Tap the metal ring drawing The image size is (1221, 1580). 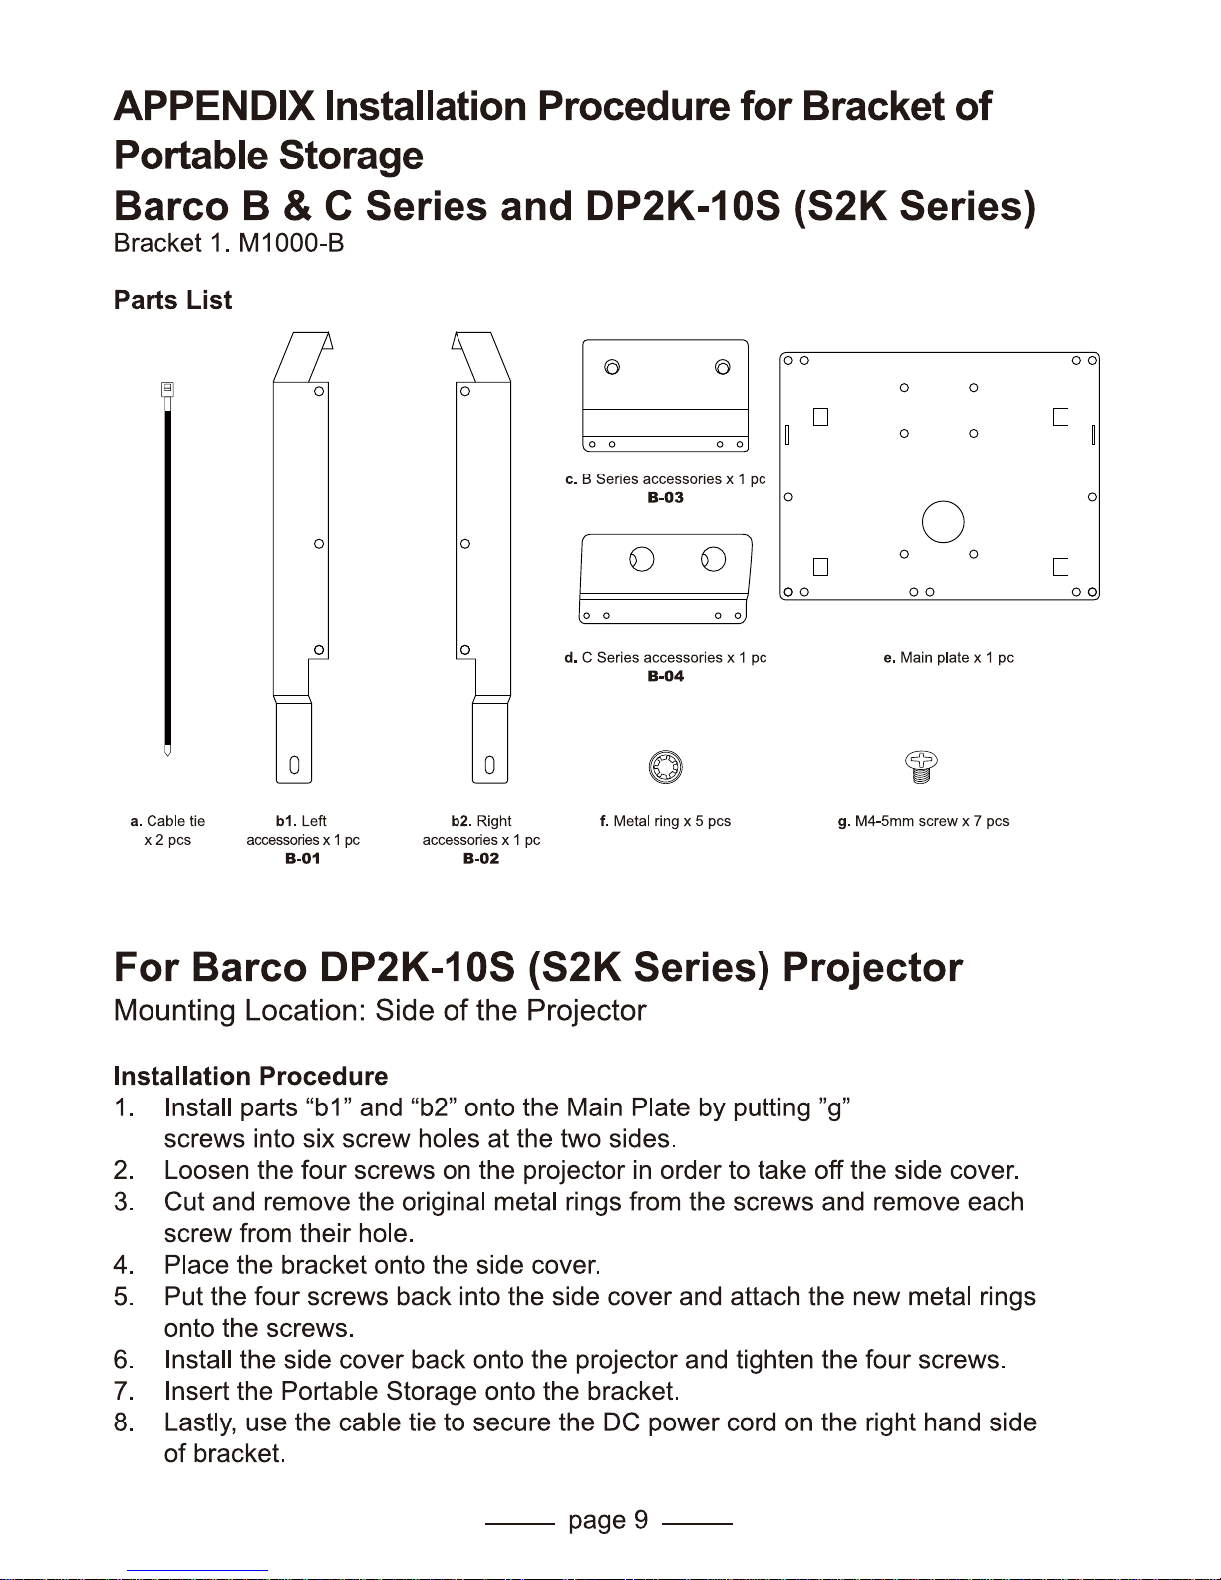pyautogui.click(x=665, y=767)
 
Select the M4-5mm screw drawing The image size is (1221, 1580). pyautogui.click(x=921, y=767)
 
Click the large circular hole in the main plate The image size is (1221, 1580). pyautogui.click(x=943, y=522)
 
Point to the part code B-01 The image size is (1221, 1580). pyautogui.click(x=302, y=858)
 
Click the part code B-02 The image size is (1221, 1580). pyautogui.click(x=481, y=858)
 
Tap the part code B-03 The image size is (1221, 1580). pyautogui.click(x=665, y=498)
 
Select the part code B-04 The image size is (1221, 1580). pyautogui.click(x=665, y=676)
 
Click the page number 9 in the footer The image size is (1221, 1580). pyautogui.click(x=640, y=1519)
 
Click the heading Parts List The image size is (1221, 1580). pyautogui.click(x=173, y=300)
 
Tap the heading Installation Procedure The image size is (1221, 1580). pyautogui.click(x=251, y=1076)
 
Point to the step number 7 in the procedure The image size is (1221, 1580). pyautogui.click(x=122, y=1391)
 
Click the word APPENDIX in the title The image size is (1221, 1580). pyautogui.click(x=214, y=106)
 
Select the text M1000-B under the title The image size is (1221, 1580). pyautogui.click(x=291, y=243)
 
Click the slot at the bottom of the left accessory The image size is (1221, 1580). pyautogui.click(x=294, y=765)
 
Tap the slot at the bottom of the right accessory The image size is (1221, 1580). pyautogui.click(x=489, y=765)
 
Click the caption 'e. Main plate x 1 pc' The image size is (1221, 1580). pyautogui.click(x=949, y=657)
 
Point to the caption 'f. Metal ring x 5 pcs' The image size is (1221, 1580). pyautogui.click(x=665, y=820)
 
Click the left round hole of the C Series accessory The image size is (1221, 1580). pyautogui.click(x=642, y=560)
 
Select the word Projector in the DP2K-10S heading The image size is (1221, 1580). pyautogui.click(x=872, y=967)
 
